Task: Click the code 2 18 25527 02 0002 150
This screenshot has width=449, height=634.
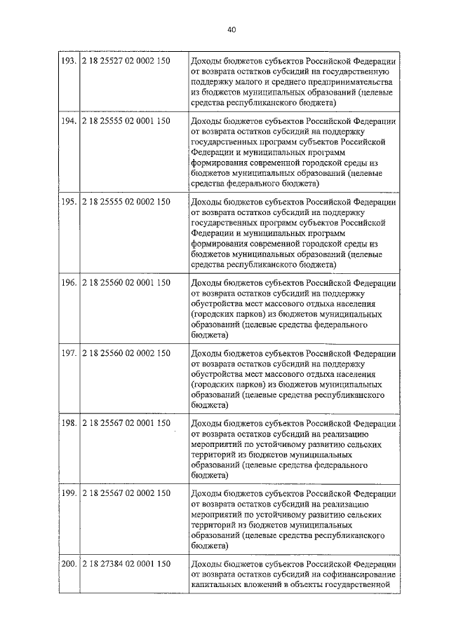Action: (126, 62)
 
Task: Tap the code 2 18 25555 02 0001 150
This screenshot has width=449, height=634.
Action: (126, 121)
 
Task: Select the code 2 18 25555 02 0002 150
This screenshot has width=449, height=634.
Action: (126, 202)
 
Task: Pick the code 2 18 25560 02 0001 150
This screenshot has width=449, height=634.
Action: (126, 283)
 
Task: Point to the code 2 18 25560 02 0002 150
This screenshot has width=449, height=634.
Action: (126, 354)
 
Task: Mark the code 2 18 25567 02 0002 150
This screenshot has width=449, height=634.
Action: (126, 493)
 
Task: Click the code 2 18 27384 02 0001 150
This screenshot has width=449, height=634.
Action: (126, 564)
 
